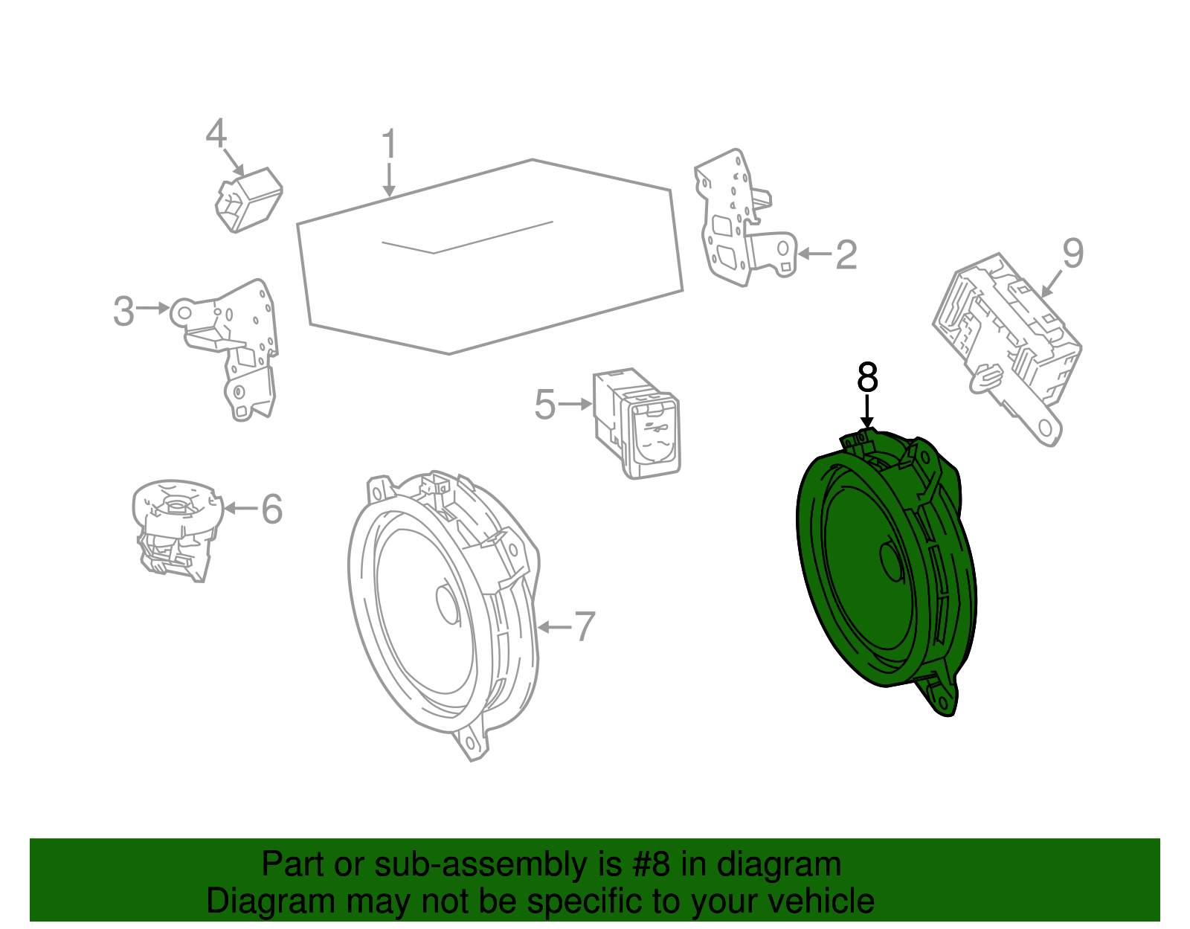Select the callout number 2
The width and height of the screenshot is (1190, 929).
pos(846,255)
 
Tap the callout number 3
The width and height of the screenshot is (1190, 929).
pos(123,311)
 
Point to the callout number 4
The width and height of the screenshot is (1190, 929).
pos(216,134)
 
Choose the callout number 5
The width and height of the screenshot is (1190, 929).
pos(544,405)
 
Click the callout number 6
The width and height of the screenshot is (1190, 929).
pos(272,509)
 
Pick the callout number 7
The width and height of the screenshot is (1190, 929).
pos(585,627)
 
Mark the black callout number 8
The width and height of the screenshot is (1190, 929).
pos(867,378)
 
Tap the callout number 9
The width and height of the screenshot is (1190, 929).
pos(1072,254)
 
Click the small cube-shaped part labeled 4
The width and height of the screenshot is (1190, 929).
pos(249,199)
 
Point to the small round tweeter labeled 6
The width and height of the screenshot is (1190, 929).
pos(177,528)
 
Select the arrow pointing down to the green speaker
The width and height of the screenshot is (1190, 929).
pos(867,413)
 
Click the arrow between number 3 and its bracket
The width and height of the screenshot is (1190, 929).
pos(154,308)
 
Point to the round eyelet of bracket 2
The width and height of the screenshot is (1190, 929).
pos(782,248)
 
